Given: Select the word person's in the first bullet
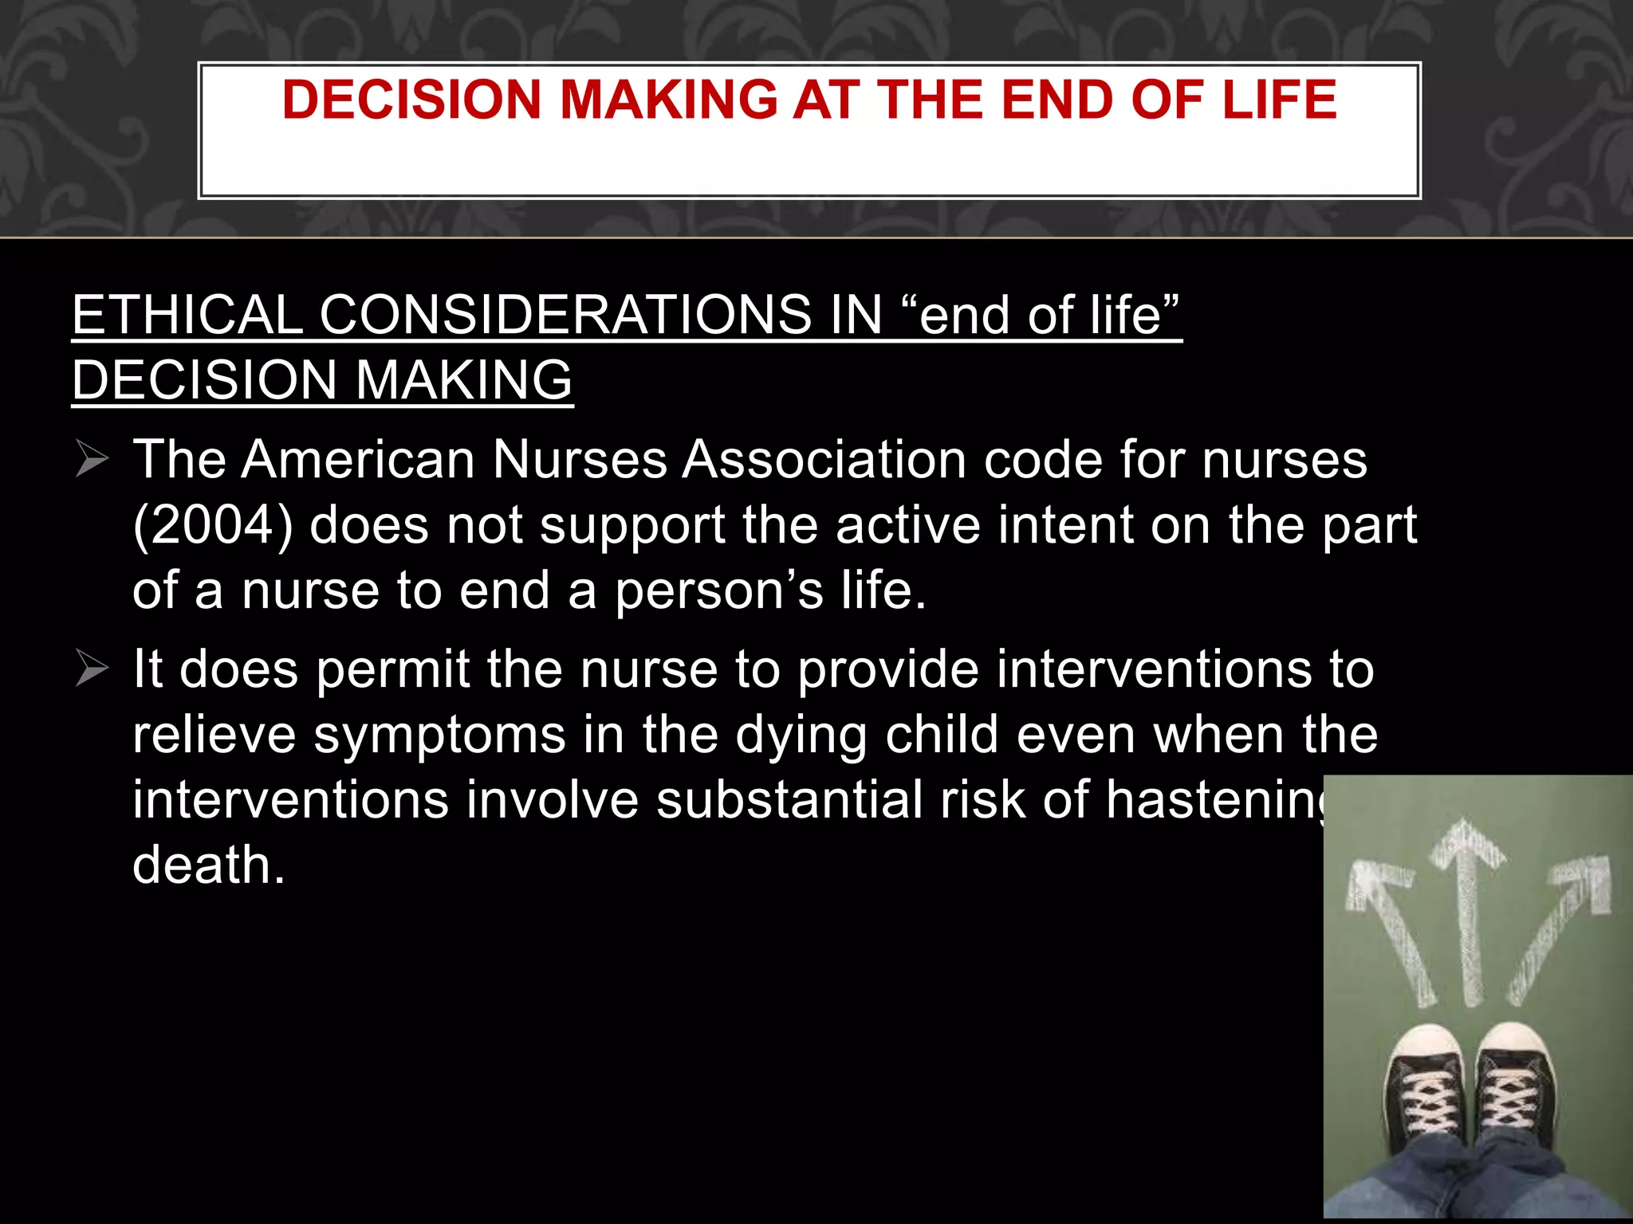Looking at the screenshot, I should click(x=719, y=590).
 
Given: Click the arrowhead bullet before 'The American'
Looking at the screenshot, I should click(x=92, y=460).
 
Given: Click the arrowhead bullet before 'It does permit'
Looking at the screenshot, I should click(x=92, y=669).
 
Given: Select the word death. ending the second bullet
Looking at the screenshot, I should click(x=209, y=865).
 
